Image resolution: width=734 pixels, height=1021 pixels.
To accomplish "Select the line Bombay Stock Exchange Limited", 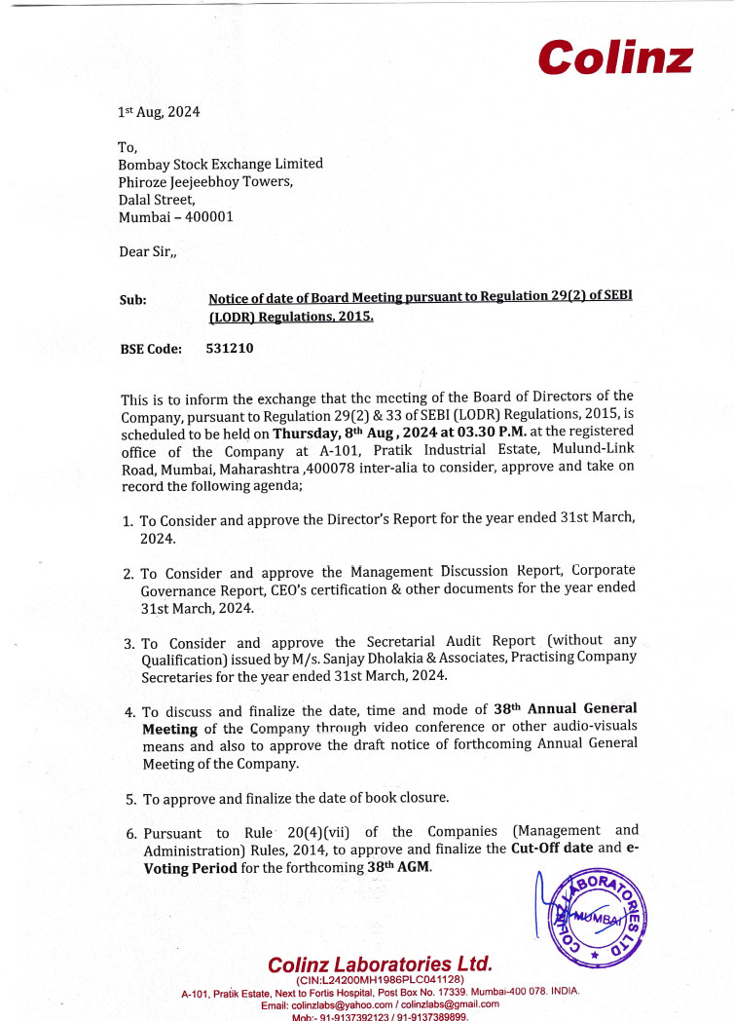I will (x=220, y=164).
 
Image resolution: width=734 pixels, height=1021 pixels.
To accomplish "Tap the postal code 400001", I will (x=205, y=216).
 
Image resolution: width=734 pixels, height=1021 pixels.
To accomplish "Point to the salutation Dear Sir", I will (x=147, y=251).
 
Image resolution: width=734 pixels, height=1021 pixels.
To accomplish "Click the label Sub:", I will (x=132, y=300).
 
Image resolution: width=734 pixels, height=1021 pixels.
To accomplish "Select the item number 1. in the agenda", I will (x=128, y=520).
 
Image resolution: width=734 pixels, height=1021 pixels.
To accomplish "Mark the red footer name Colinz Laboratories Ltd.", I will (x=380, y=964).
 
